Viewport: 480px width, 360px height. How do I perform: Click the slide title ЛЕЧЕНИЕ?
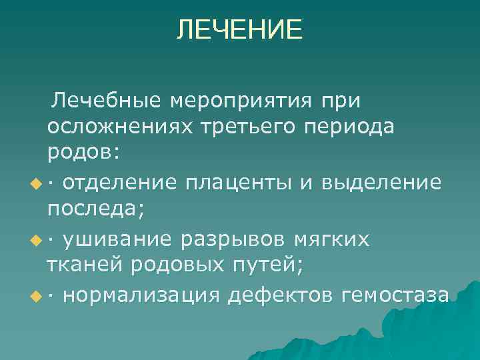coord(239,30)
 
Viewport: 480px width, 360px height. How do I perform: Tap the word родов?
coord(83,153)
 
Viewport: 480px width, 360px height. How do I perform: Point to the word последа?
coord(95,209)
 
